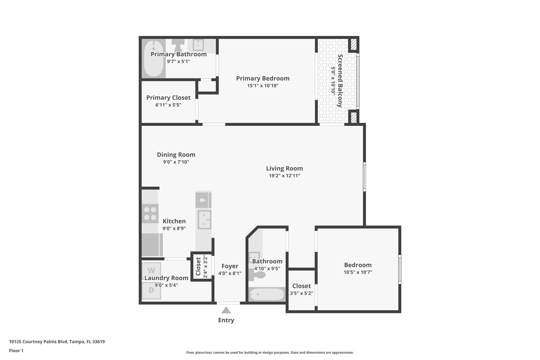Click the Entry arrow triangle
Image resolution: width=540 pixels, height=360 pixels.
[x=226, y=310]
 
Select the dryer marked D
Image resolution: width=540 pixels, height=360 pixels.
[x=151, y=290]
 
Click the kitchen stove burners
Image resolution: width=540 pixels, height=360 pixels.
[x=150, y=214]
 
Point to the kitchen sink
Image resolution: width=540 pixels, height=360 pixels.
[x=205, y=220]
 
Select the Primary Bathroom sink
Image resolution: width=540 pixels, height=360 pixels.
[x=198, y=45]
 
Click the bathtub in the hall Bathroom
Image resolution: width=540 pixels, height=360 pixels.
[x=267, y=294]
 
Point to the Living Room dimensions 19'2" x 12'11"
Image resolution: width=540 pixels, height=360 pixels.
[x=284, y=176]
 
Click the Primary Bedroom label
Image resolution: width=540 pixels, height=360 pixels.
[x=263, y=78]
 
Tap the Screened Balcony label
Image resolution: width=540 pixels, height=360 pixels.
[x=340, y=81]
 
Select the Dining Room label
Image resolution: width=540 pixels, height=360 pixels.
[x=176, y=155]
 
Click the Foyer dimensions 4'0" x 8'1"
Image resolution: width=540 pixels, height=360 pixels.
[x=230, y=273]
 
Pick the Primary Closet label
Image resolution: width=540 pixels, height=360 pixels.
[x=168, y=98]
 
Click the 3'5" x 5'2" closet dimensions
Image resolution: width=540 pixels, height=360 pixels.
[x=301, y=293]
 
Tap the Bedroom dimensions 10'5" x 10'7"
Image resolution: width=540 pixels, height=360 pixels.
[x=358, y=272]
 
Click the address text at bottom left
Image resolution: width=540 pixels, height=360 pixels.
[x=57, y=342]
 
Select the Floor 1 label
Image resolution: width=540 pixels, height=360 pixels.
[x=16, y=351]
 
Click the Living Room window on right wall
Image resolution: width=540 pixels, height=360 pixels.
[x=364, y=177]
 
